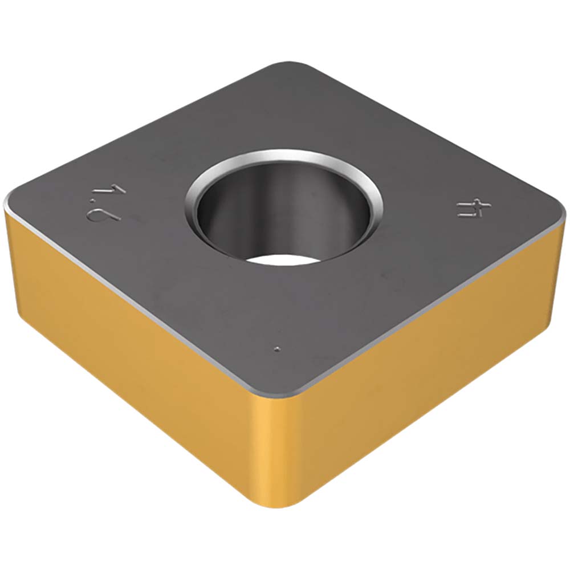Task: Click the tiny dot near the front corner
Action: [277, 349]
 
